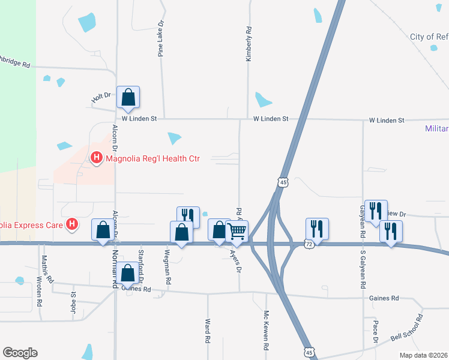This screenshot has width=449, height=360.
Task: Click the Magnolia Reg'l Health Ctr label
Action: [152, 158]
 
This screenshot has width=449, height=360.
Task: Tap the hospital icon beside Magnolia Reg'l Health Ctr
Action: [95, 158]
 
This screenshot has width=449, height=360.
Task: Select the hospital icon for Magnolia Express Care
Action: [72, 225]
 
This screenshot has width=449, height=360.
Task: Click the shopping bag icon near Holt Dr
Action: [128, 97]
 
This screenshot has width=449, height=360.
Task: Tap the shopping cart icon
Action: [237, 230]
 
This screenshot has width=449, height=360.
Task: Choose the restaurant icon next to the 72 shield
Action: [317, 229]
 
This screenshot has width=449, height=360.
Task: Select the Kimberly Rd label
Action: [247, 44]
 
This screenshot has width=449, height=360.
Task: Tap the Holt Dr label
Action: [101, 95]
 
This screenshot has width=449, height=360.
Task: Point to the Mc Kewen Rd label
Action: [266, 331]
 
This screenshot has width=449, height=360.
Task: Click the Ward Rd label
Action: [207, 331]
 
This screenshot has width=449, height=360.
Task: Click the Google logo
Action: [20, 353]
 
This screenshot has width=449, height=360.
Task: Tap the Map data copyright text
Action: [424, 355]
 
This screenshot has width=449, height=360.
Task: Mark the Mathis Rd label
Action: [44, 268]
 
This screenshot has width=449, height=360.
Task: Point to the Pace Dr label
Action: [375, 332]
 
